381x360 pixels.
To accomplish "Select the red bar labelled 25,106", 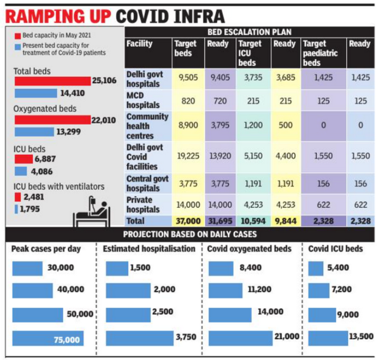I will (x=51, y=81).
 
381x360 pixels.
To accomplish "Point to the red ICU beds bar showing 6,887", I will (x=23, y=159).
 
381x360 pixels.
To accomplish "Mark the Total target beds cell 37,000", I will (x=187, y=220).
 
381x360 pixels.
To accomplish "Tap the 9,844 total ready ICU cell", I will (x=284, y=220).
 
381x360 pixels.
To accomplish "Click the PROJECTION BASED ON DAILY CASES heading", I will (x=190, y=233).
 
